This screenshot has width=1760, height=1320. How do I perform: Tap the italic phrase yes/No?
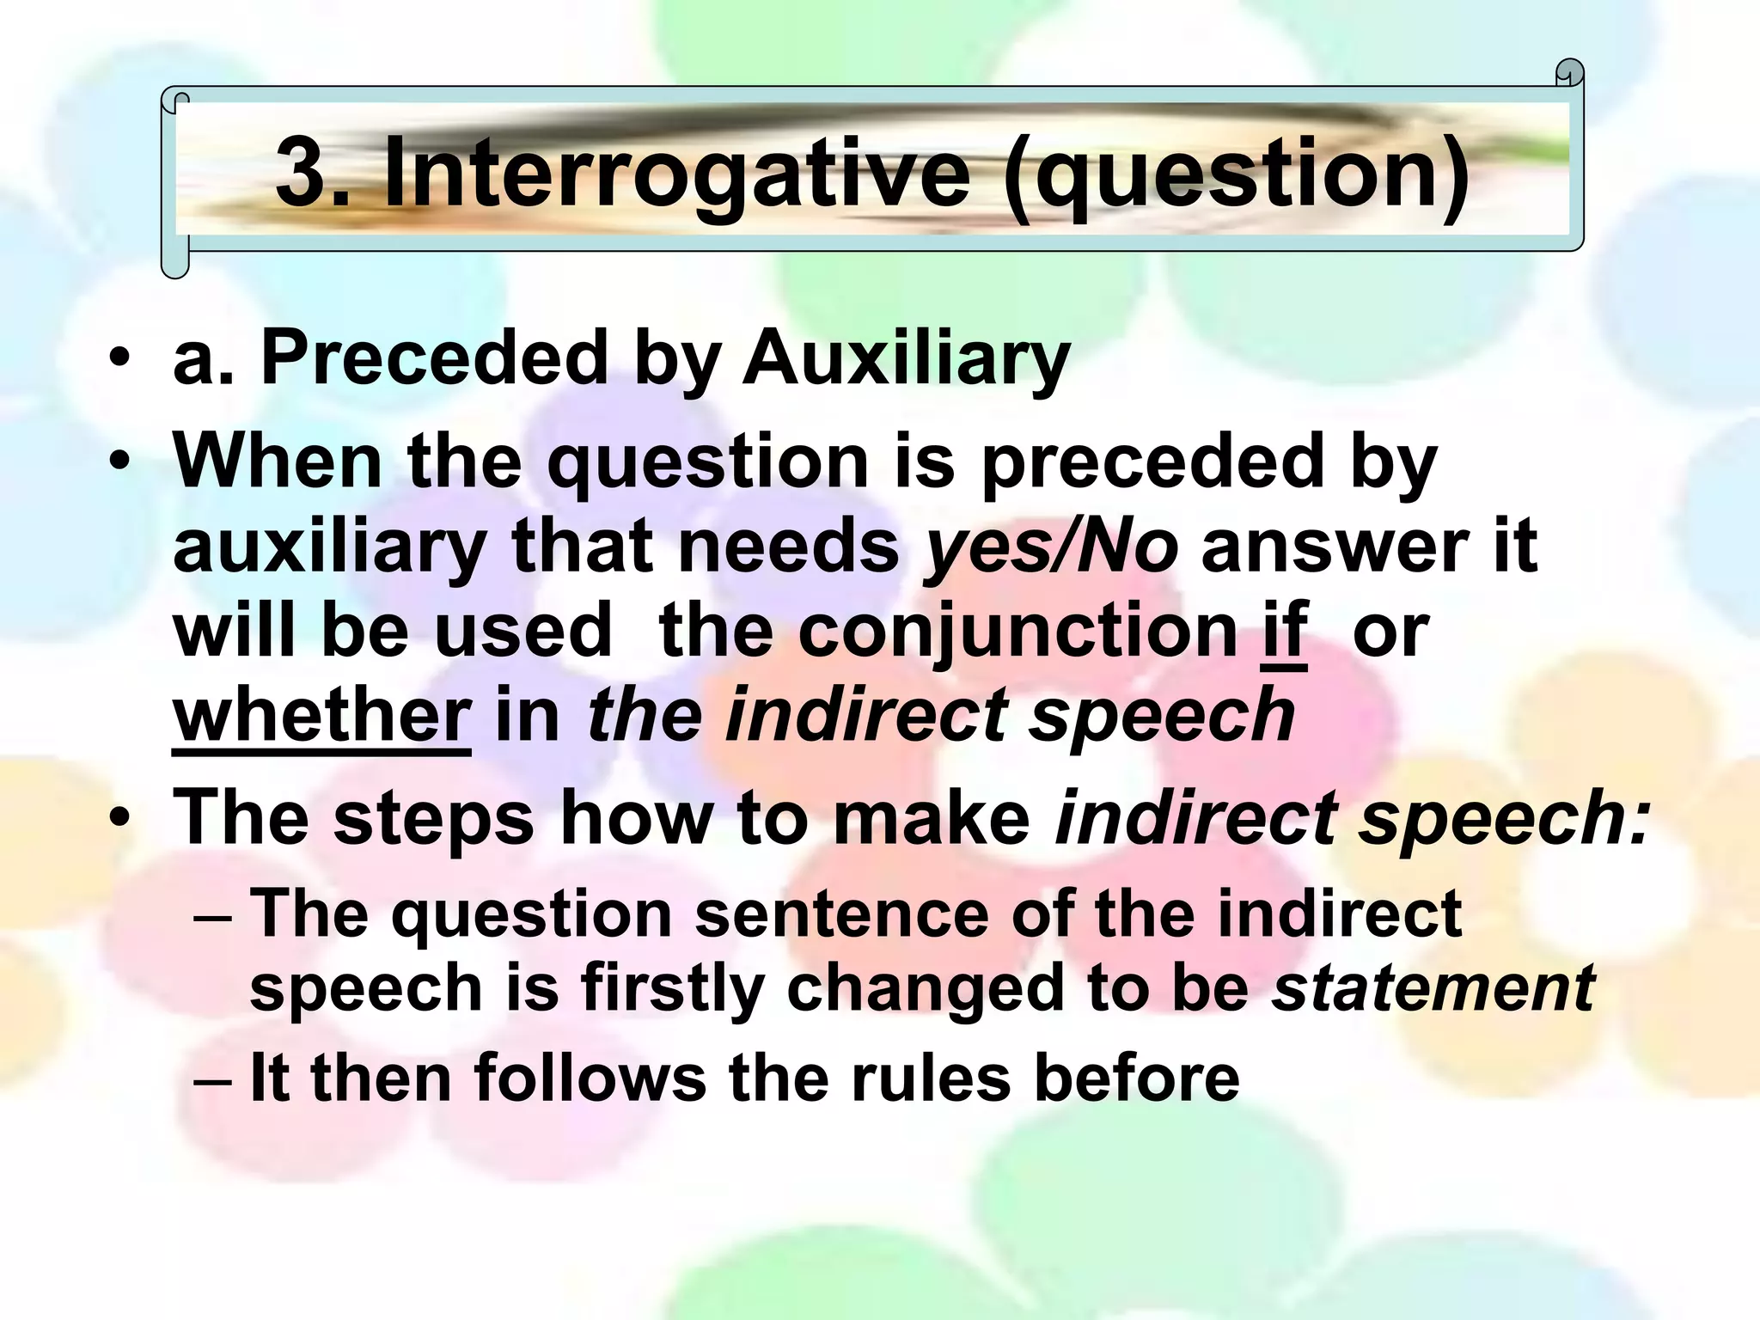(x=1049, y=547)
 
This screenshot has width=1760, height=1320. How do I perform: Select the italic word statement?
(x=1433, y=987)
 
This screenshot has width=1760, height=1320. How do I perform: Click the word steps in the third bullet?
(x=433, y=817)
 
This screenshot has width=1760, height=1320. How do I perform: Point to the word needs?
(x=788, y=547)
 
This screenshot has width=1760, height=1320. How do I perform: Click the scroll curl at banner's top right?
(x=1569, y=74)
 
